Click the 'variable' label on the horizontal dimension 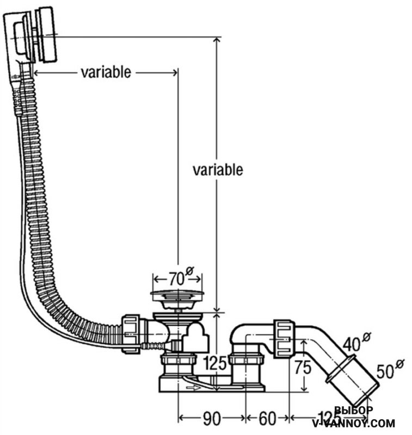[106, 72]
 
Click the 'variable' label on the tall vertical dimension [218, 170]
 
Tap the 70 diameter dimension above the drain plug [175, 279]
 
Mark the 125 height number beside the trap [214, 364]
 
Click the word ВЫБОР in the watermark [353, 411]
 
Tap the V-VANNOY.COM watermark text [353, 423]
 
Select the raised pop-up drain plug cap [177, 297]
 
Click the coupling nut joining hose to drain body [131, 333]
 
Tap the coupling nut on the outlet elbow [283, 339]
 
